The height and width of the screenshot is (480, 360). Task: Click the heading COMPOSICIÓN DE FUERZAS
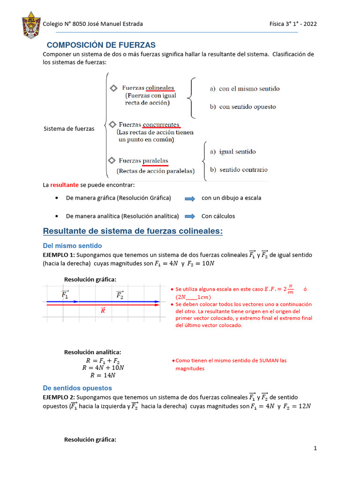[100, 45]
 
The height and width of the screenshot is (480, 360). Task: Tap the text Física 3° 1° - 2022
[293, 24]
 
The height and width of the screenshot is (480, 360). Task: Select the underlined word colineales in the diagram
[160, 88]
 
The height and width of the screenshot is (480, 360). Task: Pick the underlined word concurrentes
[161, 125]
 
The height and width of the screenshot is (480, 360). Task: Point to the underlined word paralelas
[155, 161]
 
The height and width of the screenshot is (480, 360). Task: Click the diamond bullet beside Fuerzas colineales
[113, 89]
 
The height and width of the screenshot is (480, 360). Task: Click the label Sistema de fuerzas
[69, 129]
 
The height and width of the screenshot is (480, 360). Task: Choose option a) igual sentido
[232, 152]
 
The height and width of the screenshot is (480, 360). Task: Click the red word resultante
[64, 185]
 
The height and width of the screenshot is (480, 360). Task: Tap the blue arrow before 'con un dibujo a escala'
[190, 199]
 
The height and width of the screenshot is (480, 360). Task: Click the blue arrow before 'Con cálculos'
[190, 217]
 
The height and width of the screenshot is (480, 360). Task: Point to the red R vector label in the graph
[103, 310]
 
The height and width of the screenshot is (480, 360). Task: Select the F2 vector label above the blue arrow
[120, 295]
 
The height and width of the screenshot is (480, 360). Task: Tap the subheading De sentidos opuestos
[77, 388]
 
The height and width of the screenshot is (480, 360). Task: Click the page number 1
[315, 449]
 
